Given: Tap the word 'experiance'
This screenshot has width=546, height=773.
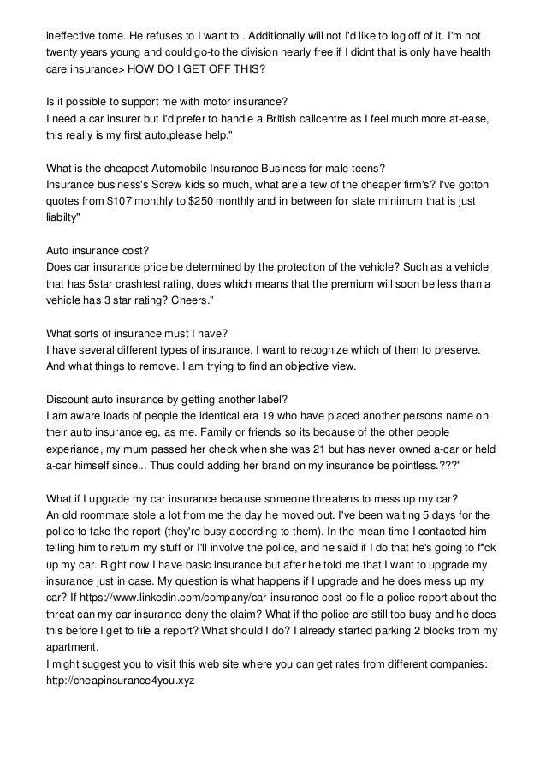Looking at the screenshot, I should coord(77,449).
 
